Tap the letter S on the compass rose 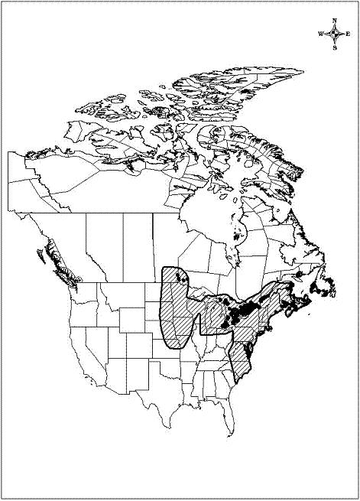(336, 47)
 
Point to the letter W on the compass (322, 34)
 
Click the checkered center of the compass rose (336, 34)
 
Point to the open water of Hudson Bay (210, 207)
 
